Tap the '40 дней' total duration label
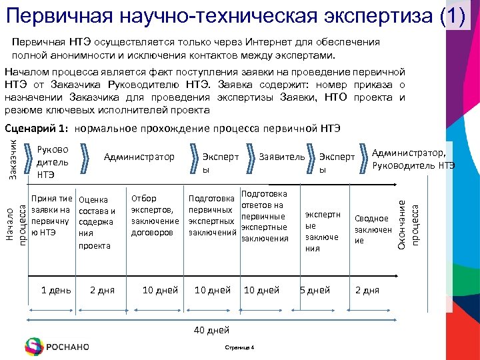[x=211, y=330]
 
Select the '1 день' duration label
[x=56, y=290]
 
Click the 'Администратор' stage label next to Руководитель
[x=139, y=157]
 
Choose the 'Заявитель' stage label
[x=282, y=157]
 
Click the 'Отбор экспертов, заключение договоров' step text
[x=155, y=215]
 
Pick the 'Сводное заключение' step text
[x=372, y=229]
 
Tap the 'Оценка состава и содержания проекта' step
[x=97, y=222]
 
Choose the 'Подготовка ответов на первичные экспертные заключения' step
[x=264, y=216]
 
